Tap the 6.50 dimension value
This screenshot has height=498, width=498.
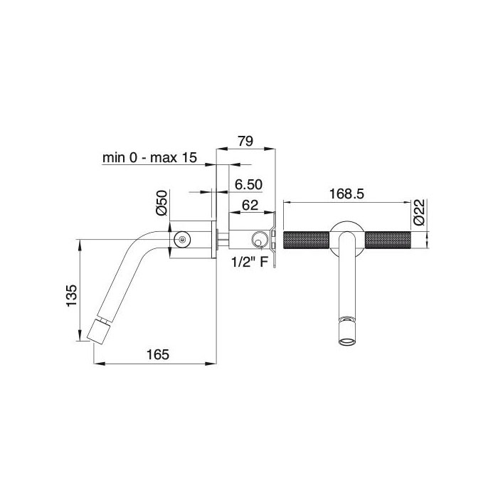[248, 184]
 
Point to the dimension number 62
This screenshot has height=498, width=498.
[249, 206]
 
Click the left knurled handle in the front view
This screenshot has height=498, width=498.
[306, 240]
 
